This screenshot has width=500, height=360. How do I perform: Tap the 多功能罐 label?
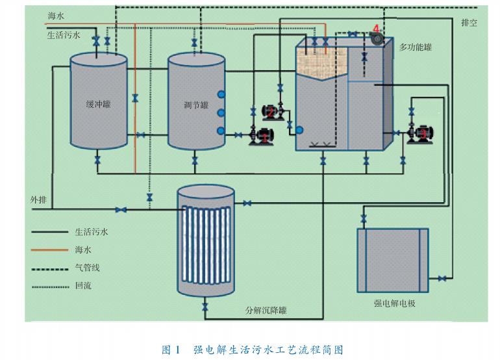416,47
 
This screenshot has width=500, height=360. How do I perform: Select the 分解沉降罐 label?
266,311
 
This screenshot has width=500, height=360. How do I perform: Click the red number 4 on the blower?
375,29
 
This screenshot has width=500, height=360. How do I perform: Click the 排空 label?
469,23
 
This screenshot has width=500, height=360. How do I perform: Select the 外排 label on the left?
38,199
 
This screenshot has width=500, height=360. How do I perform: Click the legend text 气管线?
88,267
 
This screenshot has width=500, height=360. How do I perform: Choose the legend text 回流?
83,285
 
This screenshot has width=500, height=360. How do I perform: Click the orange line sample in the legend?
49,250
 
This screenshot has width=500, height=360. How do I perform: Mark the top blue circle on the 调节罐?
221,95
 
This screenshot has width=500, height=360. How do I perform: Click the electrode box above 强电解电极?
393,260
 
